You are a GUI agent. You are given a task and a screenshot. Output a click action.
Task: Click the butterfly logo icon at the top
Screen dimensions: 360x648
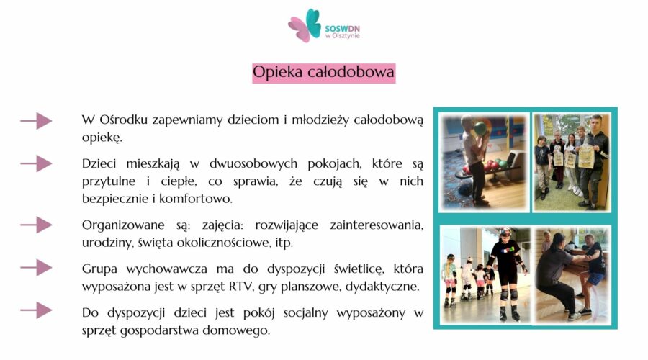pyautogui.click(x=305, y=25)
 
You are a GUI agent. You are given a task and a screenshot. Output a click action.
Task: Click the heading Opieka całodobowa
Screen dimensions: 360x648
pyautogui.click(x=323, y=73)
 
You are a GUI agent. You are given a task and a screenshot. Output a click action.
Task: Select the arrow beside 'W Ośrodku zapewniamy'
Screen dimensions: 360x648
pyautogui.click(x=36, y=121)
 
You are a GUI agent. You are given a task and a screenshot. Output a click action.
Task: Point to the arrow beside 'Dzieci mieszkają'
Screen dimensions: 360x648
pyautogui.click(x=36, y=164)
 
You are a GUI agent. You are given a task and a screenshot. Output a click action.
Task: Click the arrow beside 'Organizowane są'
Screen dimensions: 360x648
pyautogui.click(x=36, y=225)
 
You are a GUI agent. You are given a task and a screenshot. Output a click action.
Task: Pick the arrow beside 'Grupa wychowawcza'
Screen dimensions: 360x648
pyautogui.click(x=36, y=268)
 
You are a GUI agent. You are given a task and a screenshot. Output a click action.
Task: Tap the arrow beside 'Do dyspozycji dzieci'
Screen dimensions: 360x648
pyautogui.click(x=36, y=310)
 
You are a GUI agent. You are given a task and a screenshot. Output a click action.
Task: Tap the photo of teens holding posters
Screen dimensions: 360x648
pyautogui.click(x=572, y=162)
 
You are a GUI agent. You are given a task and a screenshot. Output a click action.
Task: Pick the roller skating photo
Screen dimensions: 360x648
pyautogui.click(x=485, y=274)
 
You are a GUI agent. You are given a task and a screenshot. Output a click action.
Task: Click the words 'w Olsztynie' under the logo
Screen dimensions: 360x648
pyautogui.click(x=343, y=35)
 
